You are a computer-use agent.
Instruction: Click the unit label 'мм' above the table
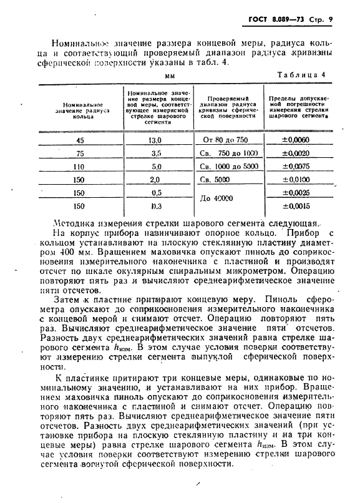(x=169, y=76)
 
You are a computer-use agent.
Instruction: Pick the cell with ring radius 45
(x=80, y=140)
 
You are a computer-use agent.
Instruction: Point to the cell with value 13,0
(x=156, y=140)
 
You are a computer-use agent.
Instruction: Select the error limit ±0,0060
(x=294, y=140)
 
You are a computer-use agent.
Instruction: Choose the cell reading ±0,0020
(x=294, y=153)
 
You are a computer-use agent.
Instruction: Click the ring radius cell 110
(x=79, y=167)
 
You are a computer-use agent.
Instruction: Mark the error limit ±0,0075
(x=294, y=166)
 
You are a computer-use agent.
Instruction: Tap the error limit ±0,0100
(x=294, y=179)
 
